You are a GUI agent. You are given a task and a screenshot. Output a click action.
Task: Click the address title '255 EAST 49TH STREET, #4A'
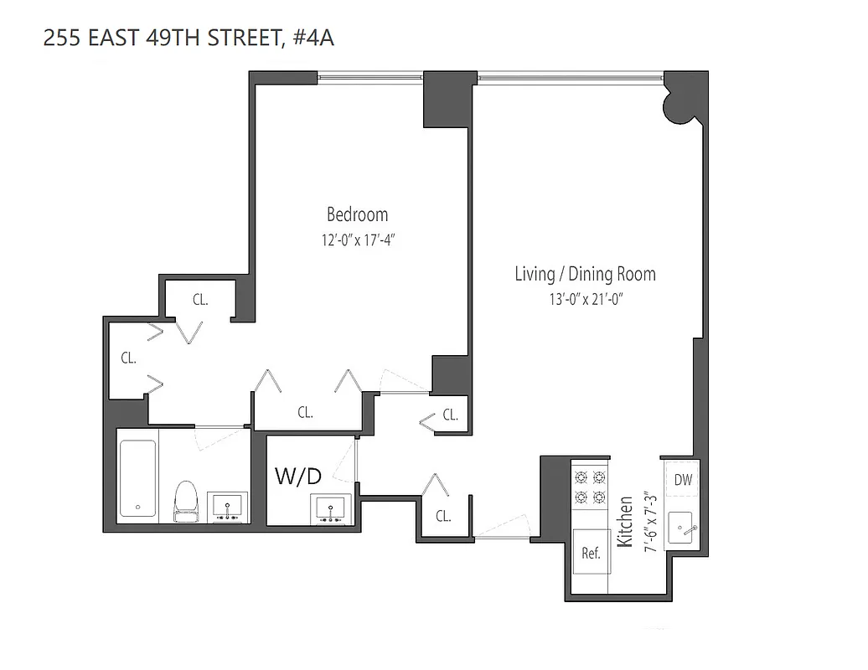[x=188, y=38]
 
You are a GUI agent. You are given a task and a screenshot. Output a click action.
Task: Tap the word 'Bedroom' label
[x=357, y=214]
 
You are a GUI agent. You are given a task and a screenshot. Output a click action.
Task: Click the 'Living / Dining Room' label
[x=585, y=274]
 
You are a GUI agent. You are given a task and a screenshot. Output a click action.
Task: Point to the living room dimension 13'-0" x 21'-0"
[x=585, y=299]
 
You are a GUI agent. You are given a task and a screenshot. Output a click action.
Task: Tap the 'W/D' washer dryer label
[x=298, y=477]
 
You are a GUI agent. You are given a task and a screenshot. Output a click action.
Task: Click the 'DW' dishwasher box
[x=684, y=480]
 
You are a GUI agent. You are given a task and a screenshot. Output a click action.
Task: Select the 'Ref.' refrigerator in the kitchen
[x=591, y=553]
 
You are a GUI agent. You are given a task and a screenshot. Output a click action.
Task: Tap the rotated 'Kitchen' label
[x=624, y=521]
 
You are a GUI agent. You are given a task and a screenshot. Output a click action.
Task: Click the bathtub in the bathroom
[x=137, y=478]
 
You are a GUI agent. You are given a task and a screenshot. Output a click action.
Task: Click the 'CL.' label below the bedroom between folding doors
[x=306, y=412]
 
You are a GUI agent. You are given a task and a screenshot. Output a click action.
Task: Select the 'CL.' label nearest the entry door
[x=443, y=516]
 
